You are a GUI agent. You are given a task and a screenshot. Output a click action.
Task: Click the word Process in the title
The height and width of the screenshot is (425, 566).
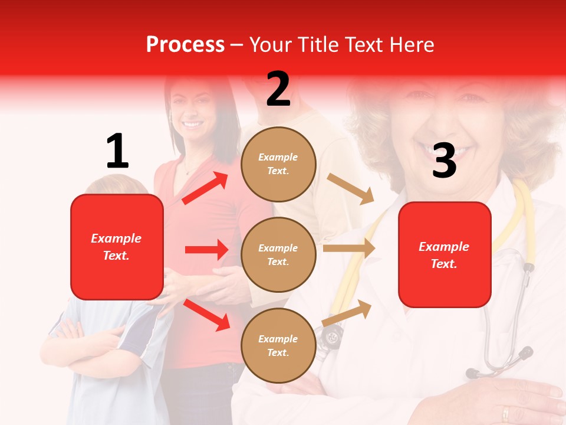coord(185,45)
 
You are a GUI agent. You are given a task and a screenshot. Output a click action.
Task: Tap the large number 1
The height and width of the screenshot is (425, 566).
coord(117,152)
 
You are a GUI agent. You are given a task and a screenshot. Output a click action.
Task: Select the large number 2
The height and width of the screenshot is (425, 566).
coord(278,89)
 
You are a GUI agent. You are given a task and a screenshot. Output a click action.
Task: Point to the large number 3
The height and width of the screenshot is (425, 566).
coord(444,161)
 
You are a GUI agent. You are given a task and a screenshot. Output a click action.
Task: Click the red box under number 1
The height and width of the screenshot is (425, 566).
coord(117,247)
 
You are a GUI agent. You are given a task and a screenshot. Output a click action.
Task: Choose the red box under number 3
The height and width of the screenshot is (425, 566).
coord(445,254)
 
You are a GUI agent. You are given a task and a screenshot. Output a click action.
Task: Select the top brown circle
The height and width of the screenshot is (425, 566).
coord(278,164)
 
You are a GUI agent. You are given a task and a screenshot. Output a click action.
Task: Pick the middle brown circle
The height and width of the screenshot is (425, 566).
coord(278,254)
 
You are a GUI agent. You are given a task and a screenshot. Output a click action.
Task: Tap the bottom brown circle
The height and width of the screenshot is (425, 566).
coord(278,345)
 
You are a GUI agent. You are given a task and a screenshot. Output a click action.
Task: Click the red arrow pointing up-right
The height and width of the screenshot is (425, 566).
coord(205,188)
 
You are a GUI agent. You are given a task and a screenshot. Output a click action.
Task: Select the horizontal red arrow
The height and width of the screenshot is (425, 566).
coord(206,250)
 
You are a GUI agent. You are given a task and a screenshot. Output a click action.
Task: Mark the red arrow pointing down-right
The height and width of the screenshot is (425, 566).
coord(206,314)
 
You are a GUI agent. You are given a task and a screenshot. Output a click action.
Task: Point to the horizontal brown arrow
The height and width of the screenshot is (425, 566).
coord(349,249)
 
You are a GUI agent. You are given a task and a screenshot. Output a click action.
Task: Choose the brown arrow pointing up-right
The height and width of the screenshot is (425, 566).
coord(347,313)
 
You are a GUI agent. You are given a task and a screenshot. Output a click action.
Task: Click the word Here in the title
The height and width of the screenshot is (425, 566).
coord(413,45)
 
